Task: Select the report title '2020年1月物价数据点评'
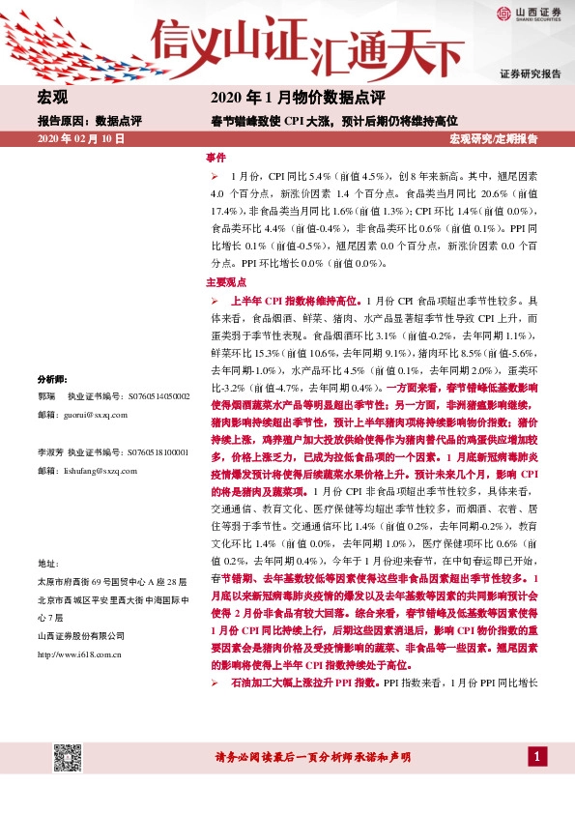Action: point(298,99)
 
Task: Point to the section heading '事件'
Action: point(216,157)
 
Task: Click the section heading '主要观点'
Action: point(225,283)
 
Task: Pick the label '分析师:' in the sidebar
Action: point(52,378)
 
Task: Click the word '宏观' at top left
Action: point(53,99)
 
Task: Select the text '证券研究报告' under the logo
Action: point(531,74)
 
